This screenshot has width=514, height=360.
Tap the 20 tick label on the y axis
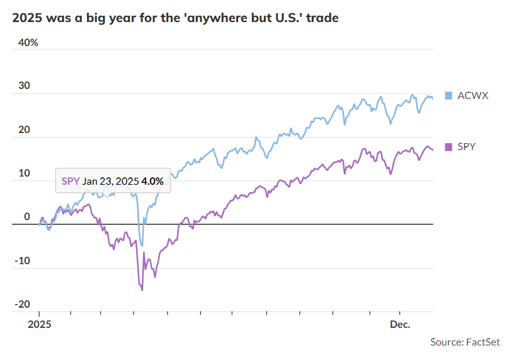click(x=23, y=130)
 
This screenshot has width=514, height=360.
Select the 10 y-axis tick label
click(x=23, y=173)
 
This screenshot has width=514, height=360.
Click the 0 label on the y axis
click(x=27, y=217)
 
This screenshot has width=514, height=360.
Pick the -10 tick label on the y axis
click(x=22, y=260)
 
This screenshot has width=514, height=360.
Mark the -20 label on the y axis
click(x=22, y=304)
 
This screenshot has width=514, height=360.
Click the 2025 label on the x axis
click(x=39, y=325)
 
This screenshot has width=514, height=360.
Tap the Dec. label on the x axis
click(x=400, y=325)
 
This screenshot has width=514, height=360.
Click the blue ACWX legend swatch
click(x=448, y=96)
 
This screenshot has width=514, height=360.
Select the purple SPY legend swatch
click(x=448, y=147)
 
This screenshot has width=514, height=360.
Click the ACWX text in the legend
click(x=472, y=96)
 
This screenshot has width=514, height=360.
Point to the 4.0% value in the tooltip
click(x=152, y=181)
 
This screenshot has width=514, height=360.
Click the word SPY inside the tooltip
click(x=71, y=181)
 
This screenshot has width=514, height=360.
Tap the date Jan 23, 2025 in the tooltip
click(x=110, y=181)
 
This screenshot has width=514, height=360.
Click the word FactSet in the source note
click(x=483, y=342)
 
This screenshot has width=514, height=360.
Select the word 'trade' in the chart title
click(x=323, y=18)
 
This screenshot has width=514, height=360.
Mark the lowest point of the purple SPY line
click(x=142, y=290)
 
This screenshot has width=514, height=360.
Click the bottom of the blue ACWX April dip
click(x=142, y=245)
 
